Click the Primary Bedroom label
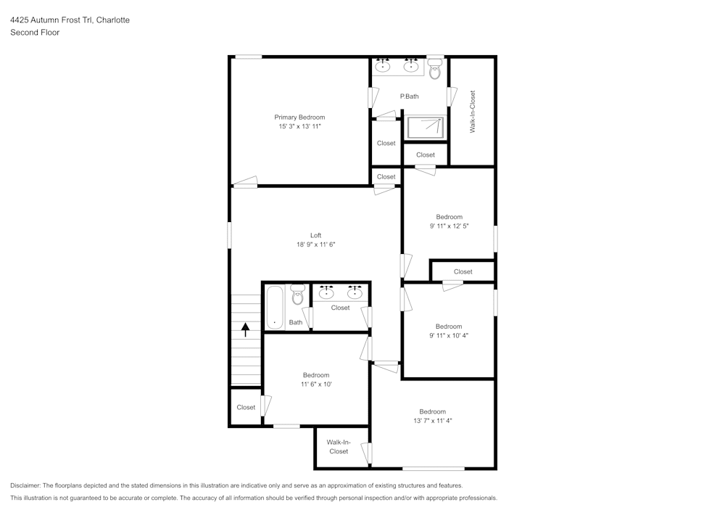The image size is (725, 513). (299, 117)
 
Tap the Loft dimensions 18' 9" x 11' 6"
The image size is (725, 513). (315, 245)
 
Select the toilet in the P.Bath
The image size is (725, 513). (435, 70)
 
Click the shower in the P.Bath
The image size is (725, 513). (425, 127)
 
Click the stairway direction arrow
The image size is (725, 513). (245, 330)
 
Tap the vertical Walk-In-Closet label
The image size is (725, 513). (473, 111)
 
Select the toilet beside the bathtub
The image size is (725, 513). (297, 295)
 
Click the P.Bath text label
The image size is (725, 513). (409, 97)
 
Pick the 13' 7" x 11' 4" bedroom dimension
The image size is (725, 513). (432, 420)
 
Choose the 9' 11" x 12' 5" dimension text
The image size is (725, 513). (449, 226)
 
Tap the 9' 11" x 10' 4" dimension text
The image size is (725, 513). (449, 335)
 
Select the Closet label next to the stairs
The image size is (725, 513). (246, 407)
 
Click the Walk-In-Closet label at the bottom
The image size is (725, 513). (339, 446)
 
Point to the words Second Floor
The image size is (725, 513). (35, 33)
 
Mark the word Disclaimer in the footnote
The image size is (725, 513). (26, 485)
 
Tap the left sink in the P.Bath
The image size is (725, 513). (384, 66)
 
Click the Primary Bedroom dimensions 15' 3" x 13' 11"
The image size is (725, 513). (299, 126)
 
